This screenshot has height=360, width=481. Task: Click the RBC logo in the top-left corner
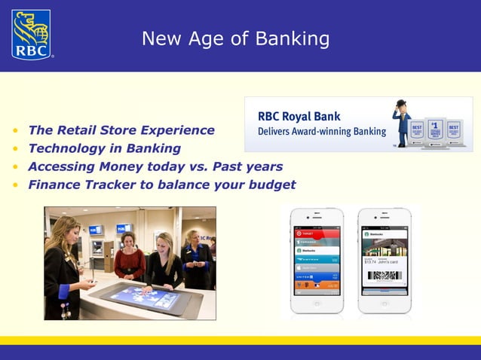point(32,35)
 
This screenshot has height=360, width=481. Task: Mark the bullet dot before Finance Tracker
point(15,185)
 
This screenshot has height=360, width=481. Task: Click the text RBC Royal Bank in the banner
point(299,117)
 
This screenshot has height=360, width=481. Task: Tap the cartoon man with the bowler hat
point(401,122)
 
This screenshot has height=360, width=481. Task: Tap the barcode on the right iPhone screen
point(384,276)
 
